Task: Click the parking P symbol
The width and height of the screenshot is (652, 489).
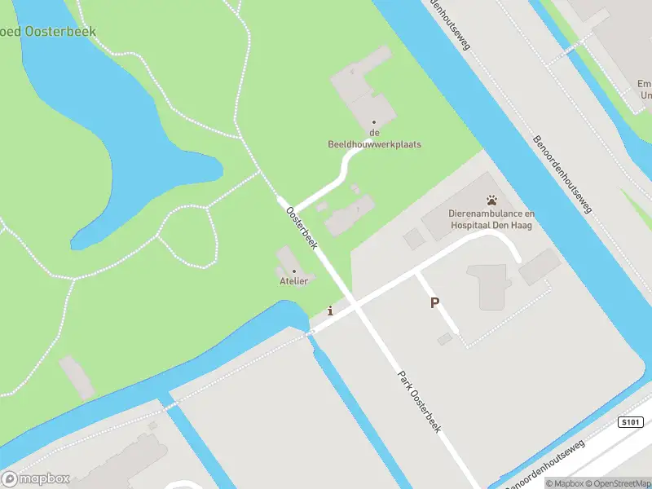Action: pos(434,303)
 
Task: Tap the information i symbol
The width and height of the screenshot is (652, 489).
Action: pos(329,311)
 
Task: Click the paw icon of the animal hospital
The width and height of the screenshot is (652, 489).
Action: pos(491,200)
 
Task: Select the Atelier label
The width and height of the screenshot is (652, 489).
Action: pos(294,281)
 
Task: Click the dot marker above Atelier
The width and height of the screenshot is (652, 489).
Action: pos(294,271)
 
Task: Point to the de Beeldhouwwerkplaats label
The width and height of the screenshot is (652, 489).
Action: pos(375,139)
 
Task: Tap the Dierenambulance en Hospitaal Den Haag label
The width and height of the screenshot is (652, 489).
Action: pos(491,219)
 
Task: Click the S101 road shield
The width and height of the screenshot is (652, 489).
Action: pos(631,422)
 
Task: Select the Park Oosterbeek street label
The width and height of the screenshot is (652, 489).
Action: pos(419,403)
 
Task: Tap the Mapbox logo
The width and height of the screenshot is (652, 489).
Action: pos(36,479)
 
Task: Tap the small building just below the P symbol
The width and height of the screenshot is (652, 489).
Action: pos(444,338)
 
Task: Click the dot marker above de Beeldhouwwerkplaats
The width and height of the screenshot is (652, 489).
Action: pos(375,122)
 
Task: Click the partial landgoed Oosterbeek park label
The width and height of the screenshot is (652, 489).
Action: pos(49,32)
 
